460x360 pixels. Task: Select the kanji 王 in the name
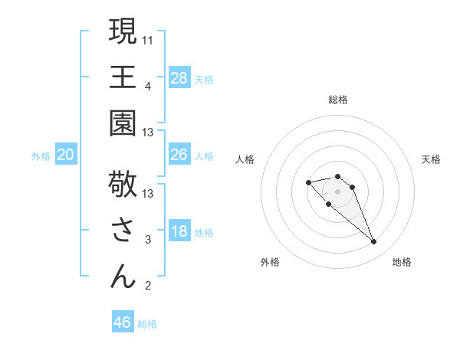(x=123, y=77)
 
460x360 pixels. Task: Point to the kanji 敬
(x=123, y=184)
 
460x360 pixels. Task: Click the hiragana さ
(x=123, y=230)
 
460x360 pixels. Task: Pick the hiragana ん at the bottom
(x=123, y=276)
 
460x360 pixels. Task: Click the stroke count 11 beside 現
(x=148, y=39)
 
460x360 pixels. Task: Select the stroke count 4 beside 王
(x=147, y=86)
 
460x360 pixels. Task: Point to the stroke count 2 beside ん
(x=147, y=286)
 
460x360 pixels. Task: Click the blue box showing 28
(x=179, y=77)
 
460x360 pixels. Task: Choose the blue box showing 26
(x=179, y=155)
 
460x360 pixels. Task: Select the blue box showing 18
(x=179, y=232)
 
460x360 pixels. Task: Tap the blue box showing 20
(x=66, y=155)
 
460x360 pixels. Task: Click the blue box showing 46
(x=123, y=322)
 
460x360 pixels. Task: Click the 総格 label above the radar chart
(x=337, y=100)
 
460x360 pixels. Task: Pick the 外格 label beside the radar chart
(x=270, y=262)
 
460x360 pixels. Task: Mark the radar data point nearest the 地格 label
(x=373, y=242)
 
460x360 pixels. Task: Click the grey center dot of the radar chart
(x=337, y=191)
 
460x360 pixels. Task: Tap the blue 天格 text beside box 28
(x=204, y=79)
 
